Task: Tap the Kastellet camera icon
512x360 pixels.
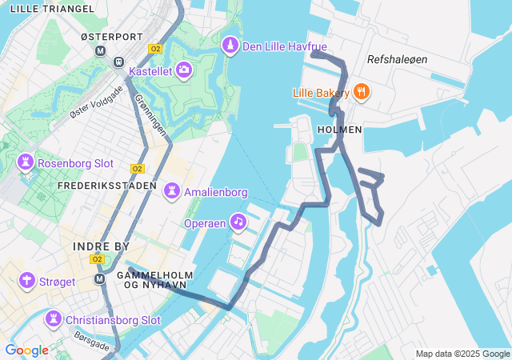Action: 184,71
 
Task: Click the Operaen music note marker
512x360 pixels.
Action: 238,222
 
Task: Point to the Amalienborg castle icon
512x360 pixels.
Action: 171,192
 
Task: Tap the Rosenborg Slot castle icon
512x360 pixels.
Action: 26,162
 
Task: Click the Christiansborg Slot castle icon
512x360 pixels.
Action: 54,320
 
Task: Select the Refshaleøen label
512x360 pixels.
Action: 398,60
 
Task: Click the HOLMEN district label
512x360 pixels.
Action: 339,129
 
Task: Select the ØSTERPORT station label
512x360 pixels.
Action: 111,37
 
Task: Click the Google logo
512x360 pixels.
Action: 26,350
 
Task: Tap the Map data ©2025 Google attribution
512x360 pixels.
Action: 462,354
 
